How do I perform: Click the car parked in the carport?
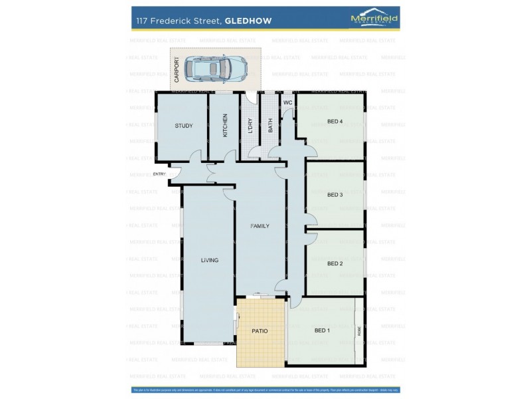215,67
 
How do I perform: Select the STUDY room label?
183,126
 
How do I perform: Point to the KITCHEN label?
226,125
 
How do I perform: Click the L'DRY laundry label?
250,125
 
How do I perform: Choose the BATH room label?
271,125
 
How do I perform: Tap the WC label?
287,103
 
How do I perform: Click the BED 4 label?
335,121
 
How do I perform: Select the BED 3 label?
335,195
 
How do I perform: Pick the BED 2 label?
335,263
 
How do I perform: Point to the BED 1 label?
322,331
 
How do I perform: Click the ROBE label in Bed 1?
360,331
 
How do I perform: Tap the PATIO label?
260,331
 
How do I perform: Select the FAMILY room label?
260,226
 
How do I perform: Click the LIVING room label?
210,260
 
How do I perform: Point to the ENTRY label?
159,174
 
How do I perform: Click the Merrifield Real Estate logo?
374,19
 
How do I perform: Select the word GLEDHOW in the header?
248,20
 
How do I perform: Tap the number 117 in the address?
142,20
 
